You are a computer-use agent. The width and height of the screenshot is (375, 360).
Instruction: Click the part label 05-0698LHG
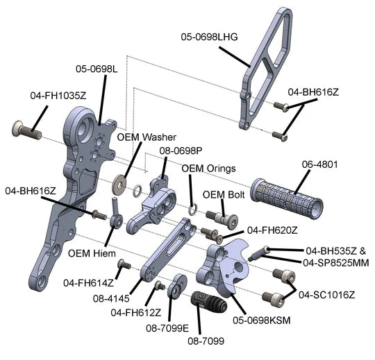tap(209, 37)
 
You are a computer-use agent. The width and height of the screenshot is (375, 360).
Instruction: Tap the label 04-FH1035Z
tap(58, 96)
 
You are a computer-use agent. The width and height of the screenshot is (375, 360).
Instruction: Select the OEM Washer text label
tap(147, 137)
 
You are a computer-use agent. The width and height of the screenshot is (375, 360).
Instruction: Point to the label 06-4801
tap(319, 164)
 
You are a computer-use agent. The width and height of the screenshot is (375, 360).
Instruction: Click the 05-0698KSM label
tap(262, 320)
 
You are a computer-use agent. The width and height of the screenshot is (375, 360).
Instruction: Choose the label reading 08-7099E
tap(167, 328)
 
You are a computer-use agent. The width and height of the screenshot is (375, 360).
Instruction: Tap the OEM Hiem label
tap(92, 253)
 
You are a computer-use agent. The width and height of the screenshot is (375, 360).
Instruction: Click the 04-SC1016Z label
tap(326, 295)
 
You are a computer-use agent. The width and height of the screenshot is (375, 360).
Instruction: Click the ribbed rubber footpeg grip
tap(287, 198)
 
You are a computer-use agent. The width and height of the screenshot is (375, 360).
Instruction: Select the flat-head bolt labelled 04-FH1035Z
tap(26, 130)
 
